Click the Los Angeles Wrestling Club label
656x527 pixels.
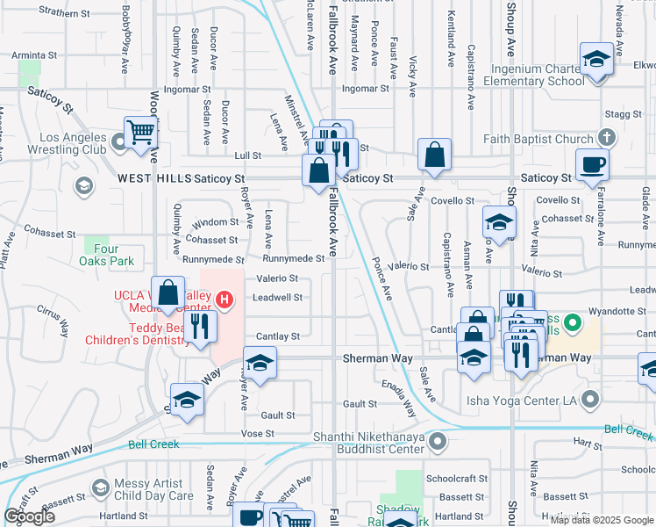74,143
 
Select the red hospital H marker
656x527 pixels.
225,300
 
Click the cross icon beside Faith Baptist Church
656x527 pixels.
605,138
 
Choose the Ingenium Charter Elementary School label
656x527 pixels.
525,75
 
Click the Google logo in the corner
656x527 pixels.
30,516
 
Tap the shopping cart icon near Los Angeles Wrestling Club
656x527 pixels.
140,132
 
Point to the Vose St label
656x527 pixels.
258,434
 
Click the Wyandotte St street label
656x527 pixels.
617,311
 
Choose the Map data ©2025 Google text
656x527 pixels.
601,520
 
